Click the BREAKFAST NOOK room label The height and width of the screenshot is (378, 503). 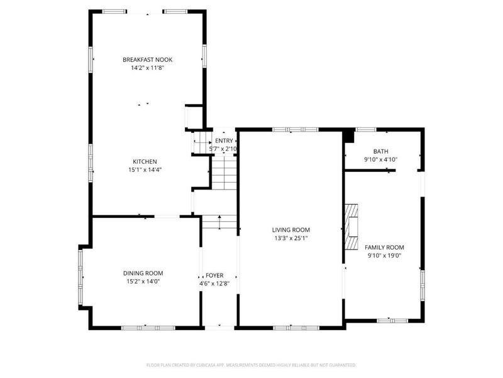click(x=148, y=59)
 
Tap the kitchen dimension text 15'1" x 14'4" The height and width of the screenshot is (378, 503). click(x=145, y=169)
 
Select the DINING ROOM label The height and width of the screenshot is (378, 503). click(x=143, y=273)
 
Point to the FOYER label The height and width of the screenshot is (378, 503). click(x=214, y=275)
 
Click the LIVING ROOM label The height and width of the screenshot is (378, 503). click(x=291, y=230)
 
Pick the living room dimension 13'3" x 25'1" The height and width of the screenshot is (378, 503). click(x=291, y=238)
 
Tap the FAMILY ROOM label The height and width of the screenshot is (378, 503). click(x=384, y=248)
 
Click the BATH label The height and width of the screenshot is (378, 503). click(x=381, y=151)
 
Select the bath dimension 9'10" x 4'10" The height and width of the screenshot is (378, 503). click(x=381, y=159)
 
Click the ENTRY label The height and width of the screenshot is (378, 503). click(x=224, y=140)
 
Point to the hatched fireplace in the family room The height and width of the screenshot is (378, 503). click(x=351, y=227)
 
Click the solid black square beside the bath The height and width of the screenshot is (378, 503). click(x=348, y=136)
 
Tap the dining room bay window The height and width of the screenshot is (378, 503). click(x=81, y=278)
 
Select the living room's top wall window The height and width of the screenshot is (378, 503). click(x=296, y=130)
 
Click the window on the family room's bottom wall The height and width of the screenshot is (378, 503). click(x=392, y=321)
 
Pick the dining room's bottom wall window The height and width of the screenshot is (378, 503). click(x=148, y=328)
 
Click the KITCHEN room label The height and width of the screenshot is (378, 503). click(x=145, y=162)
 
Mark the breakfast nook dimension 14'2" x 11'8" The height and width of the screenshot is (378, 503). click(x=148, y=68)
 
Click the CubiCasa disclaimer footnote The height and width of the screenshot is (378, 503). click(x=251, y=365)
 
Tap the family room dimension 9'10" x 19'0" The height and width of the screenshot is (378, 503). click(x=384, y=256)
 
